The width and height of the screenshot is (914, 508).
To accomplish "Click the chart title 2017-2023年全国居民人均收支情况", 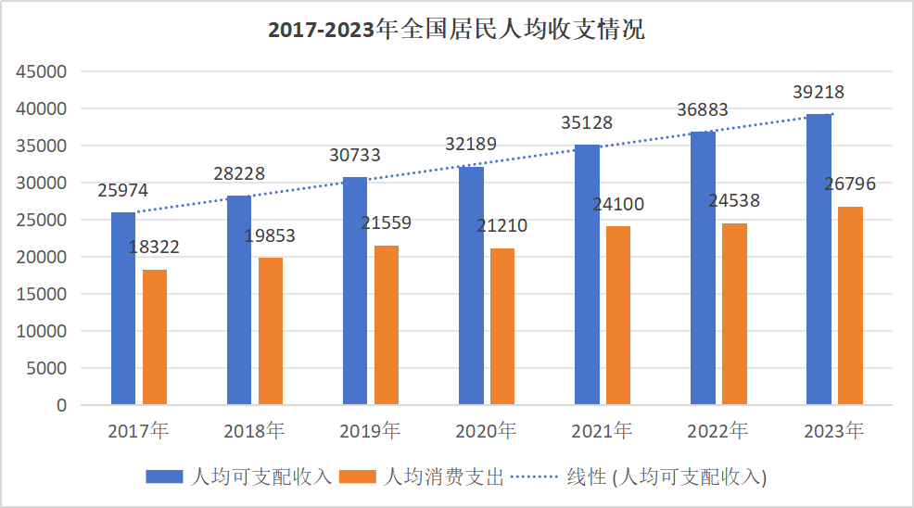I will coord(456,30).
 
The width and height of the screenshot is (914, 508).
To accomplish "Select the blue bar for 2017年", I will coord(123,309).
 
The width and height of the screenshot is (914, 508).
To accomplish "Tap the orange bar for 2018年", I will coord(271,331).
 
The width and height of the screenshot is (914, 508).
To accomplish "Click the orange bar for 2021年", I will coord(618,315).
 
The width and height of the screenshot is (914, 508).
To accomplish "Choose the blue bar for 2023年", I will coord(819,260).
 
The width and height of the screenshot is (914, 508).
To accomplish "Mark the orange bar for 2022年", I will coord(734,314).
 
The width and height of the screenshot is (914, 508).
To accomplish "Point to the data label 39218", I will coord(819,93).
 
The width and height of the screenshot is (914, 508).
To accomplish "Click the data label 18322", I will coord(155,248).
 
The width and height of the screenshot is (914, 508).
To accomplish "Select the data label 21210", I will coord(502,227).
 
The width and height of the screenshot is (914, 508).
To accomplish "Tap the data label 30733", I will coord(355,156).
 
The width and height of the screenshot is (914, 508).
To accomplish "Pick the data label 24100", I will coord(618,205).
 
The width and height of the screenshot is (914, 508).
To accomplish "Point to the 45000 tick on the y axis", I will coord(44,72).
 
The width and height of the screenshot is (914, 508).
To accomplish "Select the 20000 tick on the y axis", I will coord(44,257).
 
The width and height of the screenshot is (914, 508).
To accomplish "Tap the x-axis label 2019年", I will coord(370,431).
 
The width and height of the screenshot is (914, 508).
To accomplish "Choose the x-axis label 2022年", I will coord(717,431).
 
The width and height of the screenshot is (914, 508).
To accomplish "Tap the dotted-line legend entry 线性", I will coord(640,477).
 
